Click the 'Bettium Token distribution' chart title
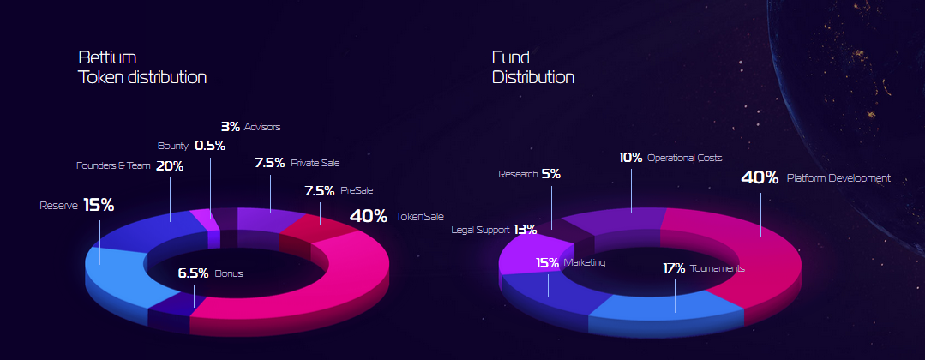click(x=142, y=67)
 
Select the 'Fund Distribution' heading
click(x=532, y=67)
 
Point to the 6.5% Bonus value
click(x=194, y=273)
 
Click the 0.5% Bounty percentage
click(x=210, y=146)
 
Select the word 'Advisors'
click(x=262, y=127)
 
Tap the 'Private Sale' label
click(x=315, y=163)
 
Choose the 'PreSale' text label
click(x=357, y=190)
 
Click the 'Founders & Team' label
click(x=113, y=165)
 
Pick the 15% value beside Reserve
click(x=99, y=205)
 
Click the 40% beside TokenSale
click(x=369, y=216)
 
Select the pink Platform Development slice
click(x=761, y=260)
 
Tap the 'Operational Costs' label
click(x=684, y=159)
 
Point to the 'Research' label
click(x=518, y=174)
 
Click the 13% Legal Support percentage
click(x=525, y=230)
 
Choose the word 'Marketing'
click(x=584, y=262)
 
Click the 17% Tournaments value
click(x=674, y=268)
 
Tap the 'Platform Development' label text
click(x=838, y=177)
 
